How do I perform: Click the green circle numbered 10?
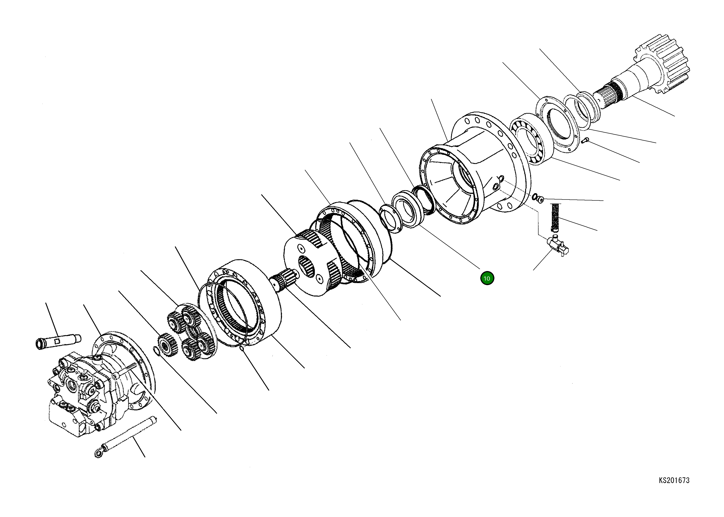(x=487, y=278)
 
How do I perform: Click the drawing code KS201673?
(x=674, y=480)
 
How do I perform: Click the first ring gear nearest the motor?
(x=245, y=302)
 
